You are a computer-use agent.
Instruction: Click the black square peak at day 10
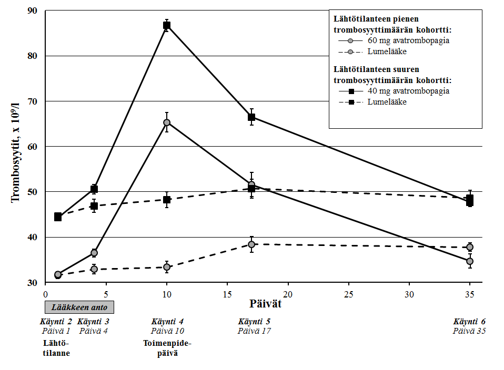167,25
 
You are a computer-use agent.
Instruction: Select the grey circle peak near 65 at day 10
167,122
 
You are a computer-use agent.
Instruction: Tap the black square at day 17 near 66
251,117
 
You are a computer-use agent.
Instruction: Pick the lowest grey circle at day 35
470,261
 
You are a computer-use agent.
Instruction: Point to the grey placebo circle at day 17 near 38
251,244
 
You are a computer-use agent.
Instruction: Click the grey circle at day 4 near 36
94,253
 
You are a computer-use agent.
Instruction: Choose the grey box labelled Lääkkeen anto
78,306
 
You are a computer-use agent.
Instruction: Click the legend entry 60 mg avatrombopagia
408,40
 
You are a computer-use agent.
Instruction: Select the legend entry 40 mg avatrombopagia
408,91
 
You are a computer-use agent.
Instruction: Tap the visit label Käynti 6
470,322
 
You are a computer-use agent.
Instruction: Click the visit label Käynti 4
167,322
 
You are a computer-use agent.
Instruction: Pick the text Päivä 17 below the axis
254,331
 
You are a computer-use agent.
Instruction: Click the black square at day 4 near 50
94,189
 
